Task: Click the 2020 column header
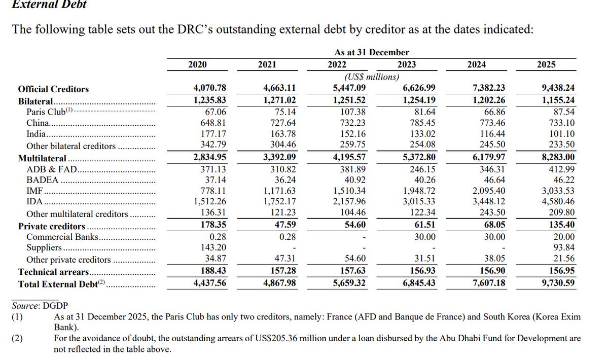click(197, 64)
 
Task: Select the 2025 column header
click(546, 64)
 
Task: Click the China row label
click(38, 123)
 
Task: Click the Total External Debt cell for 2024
click(488, 283)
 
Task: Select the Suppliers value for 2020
click(213, 247)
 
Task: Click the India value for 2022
click(352, 134)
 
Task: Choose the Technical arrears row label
click(54, 272)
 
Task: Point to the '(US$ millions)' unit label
click(372, 77)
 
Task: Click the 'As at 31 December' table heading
click(372, 52)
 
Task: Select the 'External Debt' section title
click(49, 5)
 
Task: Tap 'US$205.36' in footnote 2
click(287, 338)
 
